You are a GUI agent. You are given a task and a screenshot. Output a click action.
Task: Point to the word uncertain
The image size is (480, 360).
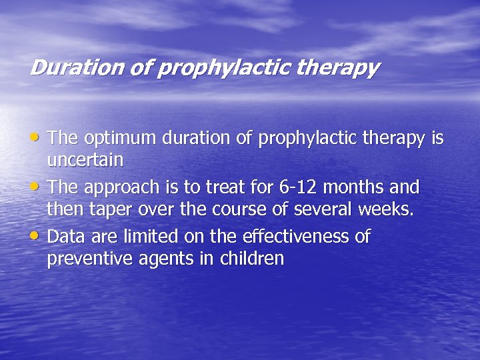pyautogui.click(x=85, y=160)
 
